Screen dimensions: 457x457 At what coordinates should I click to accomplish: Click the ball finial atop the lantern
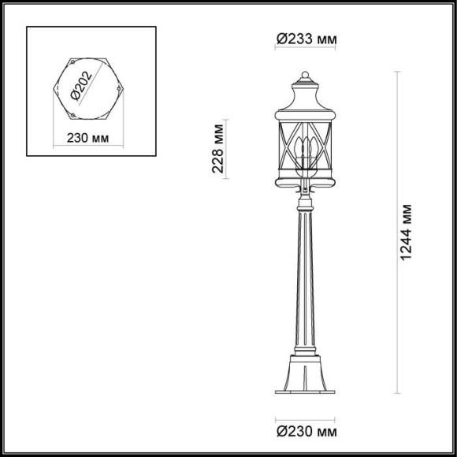pyautogui.click(x=304, y=75)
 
